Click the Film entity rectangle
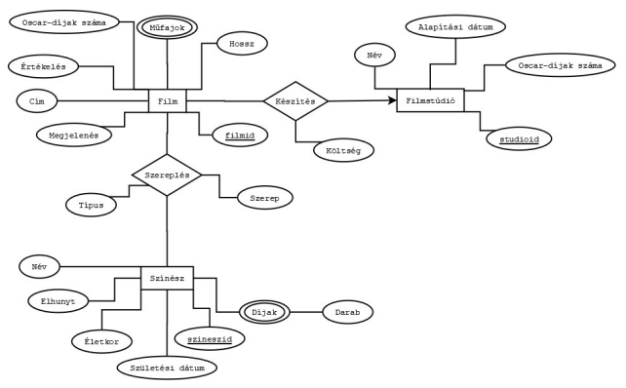pos(167,99)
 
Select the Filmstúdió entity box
pos(430,100)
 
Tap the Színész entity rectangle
pos(167,279)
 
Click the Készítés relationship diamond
pos(295,100)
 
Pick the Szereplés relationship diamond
pos(167,175)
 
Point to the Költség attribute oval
pos(344,150)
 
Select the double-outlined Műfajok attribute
pos(168,26)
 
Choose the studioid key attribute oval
pos(520,138)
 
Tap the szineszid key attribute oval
pos(210,337)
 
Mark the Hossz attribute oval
pos(234,45)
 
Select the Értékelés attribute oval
pos(44,66)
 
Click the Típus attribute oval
pos(91,205)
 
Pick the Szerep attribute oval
pos(265,198)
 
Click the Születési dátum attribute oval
pos(167,368)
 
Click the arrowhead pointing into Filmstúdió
pos(392,100)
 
